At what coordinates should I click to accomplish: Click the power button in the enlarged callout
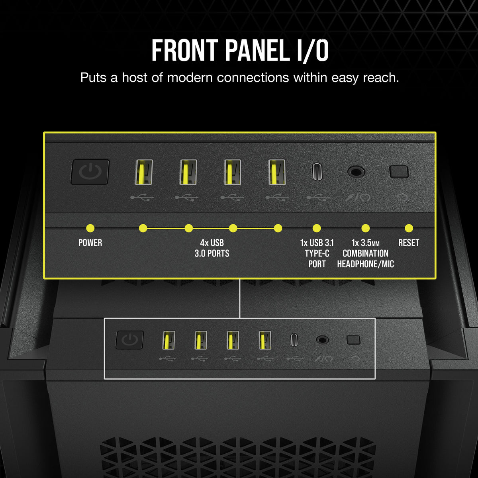click(x=90, y=172)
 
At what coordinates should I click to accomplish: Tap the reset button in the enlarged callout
click(x=399, y=172)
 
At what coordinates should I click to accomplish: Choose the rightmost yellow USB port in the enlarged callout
click(x=276, y=172)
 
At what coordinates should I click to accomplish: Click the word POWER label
click(x=90, y=243)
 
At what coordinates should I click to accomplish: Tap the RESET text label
click(x=409, y=243)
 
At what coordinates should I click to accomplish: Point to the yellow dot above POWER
click(x=90, y=228)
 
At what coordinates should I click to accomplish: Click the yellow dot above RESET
click(x=409, y=228)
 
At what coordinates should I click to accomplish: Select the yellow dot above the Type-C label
click(x=317, y=228)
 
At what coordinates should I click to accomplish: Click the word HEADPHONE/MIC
click(x=365, y=264)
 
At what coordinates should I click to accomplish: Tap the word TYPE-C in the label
click(x=317, y=253)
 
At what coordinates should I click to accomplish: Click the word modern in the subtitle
click(x=190, y=77)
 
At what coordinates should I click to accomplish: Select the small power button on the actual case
click(x=129, y=340)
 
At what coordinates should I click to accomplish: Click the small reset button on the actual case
click(x=353, y=340)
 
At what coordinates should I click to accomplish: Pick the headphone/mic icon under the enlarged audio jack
click(x=357, y=196)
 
